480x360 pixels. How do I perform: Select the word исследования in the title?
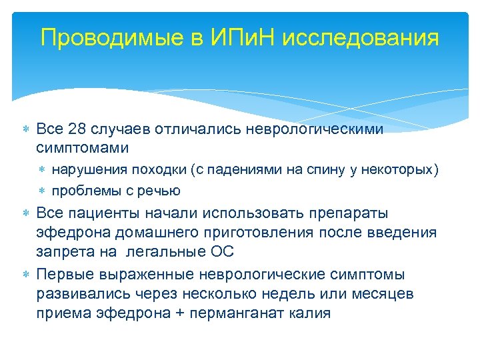coord(361,37)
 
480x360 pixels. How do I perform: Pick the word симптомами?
coord(82,147)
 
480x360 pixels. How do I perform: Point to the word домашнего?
coord(146,232)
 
